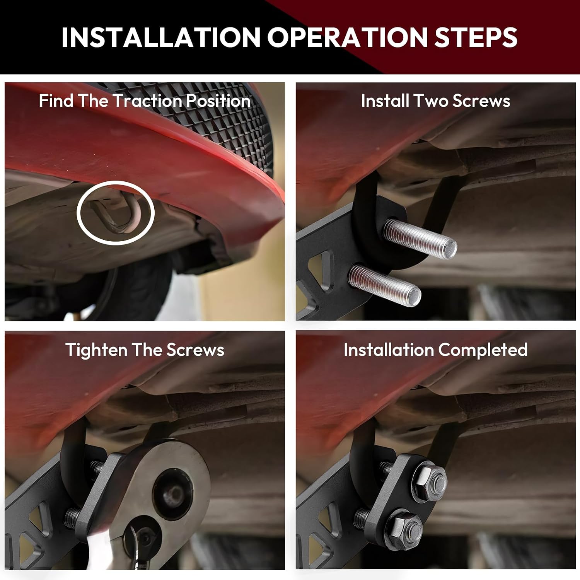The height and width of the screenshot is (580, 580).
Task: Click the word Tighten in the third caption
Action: point(96,350)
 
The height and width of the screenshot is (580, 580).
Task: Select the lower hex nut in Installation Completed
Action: point(404,528)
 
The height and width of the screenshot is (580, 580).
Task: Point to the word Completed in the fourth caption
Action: point(483,350)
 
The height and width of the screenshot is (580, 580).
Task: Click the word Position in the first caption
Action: point(218,101)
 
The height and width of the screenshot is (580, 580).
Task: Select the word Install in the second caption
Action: point(385,101)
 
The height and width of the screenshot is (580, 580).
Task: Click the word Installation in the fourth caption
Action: point(389,350)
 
